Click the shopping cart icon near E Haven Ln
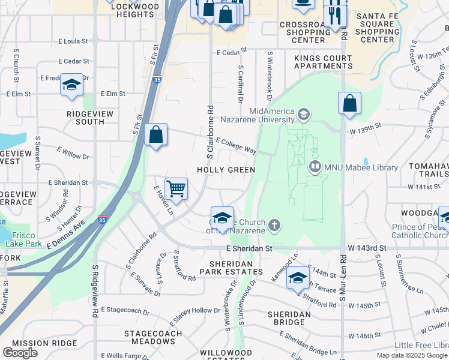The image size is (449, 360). (x=176, y=189)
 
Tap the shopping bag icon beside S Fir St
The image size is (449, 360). (x=155, y=135)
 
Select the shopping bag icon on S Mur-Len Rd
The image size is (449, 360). (x=349, y=103)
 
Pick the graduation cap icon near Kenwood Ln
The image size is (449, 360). (x=297, y=278)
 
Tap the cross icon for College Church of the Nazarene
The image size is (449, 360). (x=274, y=226)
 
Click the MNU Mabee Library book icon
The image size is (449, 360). (x=315, y=166)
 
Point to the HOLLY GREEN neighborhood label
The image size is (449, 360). (x=228, y=170)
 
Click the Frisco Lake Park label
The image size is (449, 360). (x=24, y=240)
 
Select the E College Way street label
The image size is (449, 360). (x=236, y=146)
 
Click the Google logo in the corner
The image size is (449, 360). (x=20, y=352)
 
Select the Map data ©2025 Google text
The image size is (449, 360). (x=412, y=355)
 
